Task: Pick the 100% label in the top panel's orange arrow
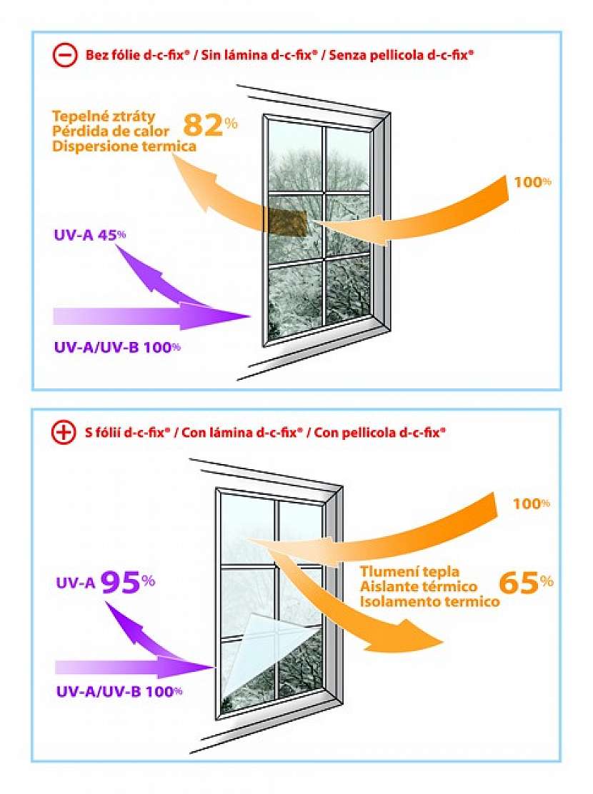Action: pos(532,181)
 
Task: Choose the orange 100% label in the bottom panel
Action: pos(531,503)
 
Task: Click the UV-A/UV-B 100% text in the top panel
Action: pos(117,348)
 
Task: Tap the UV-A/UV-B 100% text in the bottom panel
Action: pos(119,690)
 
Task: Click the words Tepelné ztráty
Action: pos(104,116)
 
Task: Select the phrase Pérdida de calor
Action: pos(110,131)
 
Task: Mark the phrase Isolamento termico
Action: pos(429,601)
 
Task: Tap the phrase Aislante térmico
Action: pos(418,586)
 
